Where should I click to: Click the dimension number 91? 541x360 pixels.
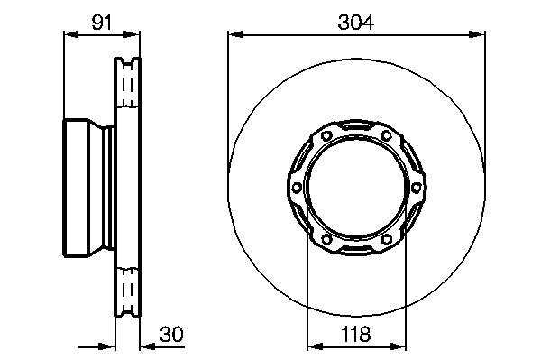pyautogui.click(x=102, y=23)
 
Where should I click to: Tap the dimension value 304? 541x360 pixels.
pyautogui.click(x=356, y=23)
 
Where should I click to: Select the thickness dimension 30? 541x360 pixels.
pyautogui.click(x=172, y=334)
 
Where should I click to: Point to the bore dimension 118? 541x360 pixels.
pyautogui.click(x=356, y=334)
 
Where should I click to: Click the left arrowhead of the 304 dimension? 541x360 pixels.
pyautogui.click(x=236, y=34)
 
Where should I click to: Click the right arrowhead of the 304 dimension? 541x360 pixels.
pyautogui.click(x=477, y=34)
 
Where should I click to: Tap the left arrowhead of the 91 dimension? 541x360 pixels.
pyautogui.click(x=72, y=34)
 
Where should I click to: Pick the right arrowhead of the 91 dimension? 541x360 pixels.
pyautogui.click(x=132, y=34)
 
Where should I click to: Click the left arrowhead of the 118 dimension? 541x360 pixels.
pyautogui.click(x=315, y=346)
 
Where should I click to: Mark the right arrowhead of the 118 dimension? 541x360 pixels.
pyautogui.click(x=398, y=346)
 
